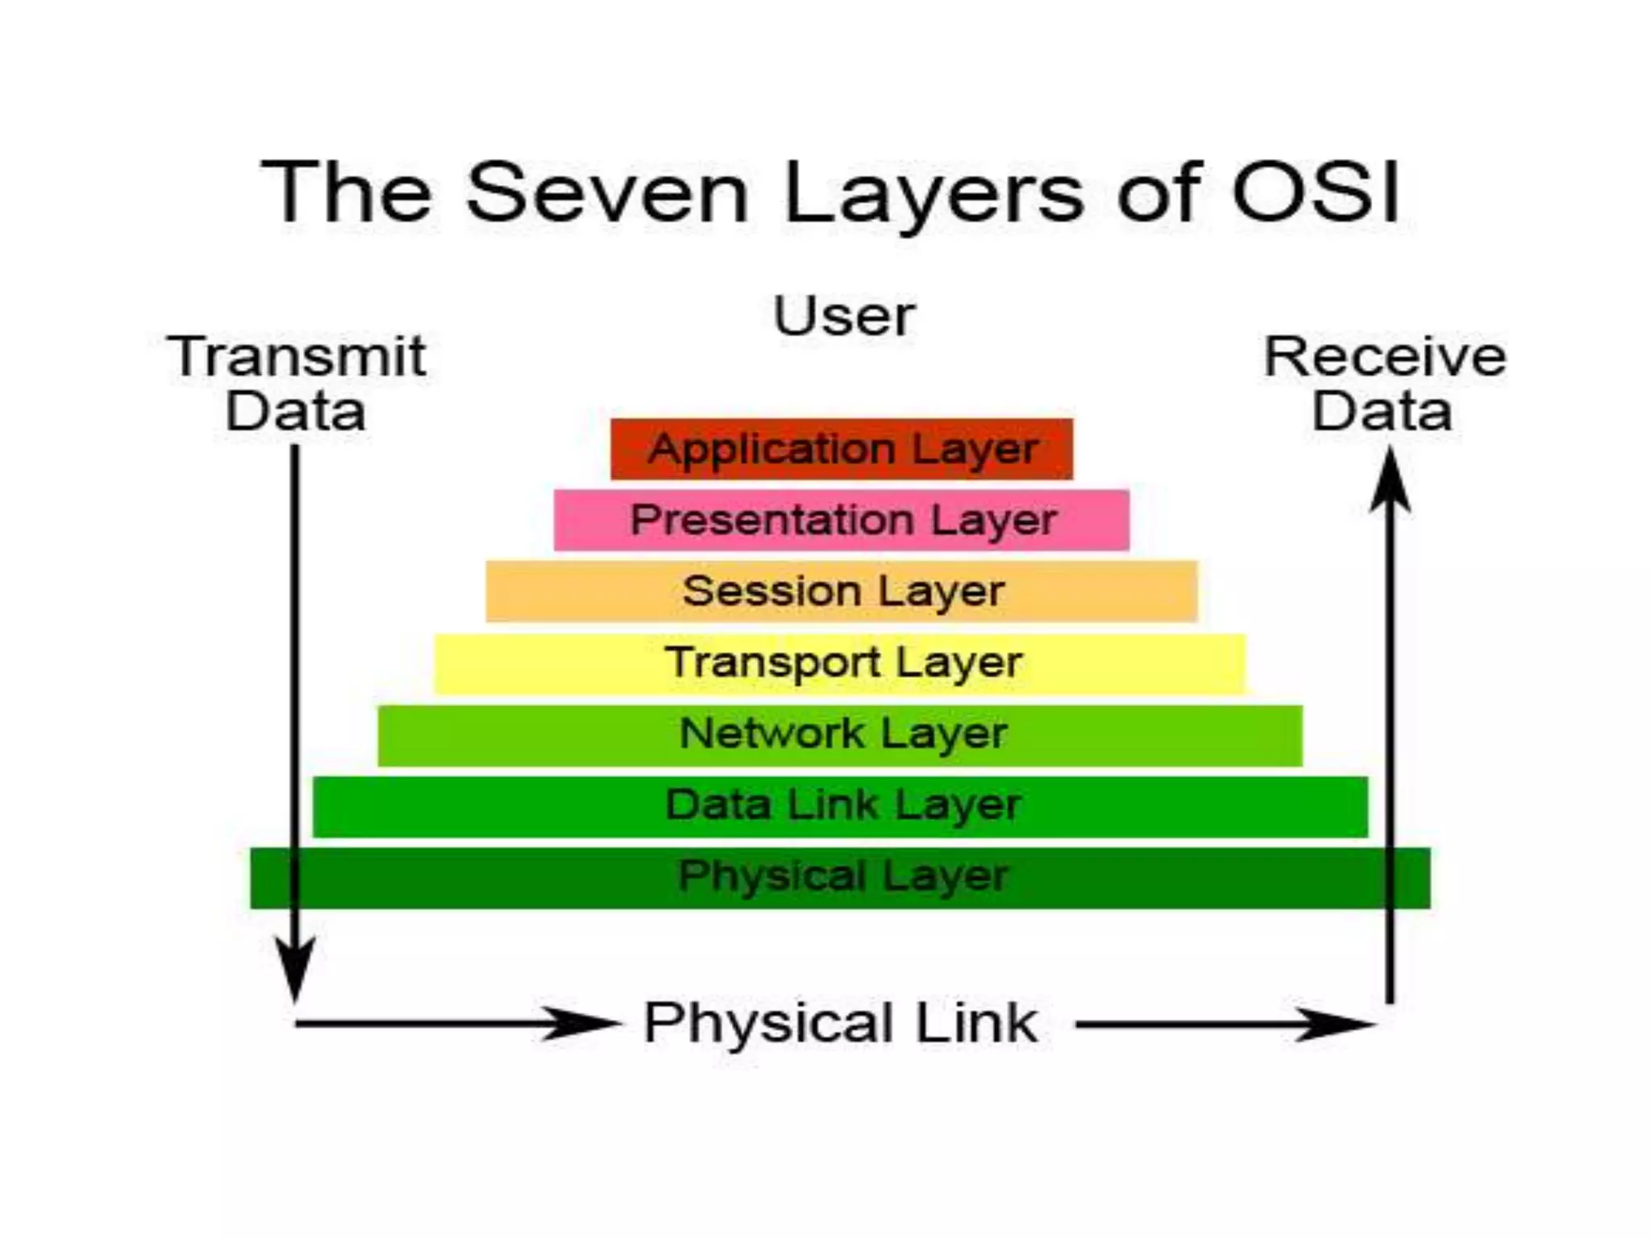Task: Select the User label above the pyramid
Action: point(844,316)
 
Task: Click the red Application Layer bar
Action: point(842,449)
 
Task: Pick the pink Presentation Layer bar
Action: point(842,520)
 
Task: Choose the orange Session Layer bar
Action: point(842,591)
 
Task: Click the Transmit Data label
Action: point(296,384)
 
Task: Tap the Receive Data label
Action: point(1384,384)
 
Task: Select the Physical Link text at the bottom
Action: point(840,1024)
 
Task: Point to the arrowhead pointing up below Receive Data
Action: point(1390,481)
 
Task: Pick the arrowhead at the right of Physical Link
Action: point(1334,1024)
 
